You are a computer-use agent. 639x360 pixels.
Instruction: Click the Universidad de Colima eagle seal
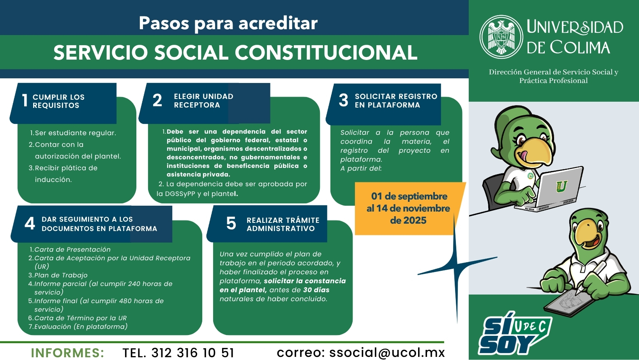click(x=501, y=37)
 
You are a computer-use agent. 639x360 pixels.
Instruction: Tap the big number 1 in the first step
click(x=25, y=101)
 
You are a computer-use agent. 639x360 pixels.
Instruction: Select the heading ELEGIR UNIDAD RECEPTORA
click(x=203, y=101)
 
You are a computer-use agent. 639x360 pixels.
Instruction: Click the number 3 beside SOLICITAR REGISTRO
click(x=343, y=100)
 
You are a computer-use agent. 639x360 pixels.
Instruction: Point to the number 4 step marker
click(x=30, y=223)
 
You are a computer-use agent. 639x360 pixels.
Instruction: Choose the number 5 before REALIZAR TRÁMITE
click(x=231, y=223)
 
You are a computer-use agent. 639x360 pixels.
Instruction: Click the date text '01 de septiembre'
click(x=409, y=196)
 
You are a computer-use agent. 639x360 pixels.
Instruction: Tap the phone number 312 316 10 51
click(x=192, y=353)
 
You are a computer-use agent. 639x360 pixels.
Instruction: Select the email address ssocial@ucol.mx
click(x=387, y=353)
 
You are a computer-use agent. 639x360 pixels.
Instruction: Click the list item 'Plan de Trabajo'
click(x=61, y=275)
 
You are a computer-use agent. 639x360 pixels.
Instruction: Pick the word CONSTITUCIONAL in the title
click(x=326, y=53)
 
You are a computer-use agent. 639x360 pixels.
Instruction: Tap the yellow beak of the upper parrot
click(x=537, y=151)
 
